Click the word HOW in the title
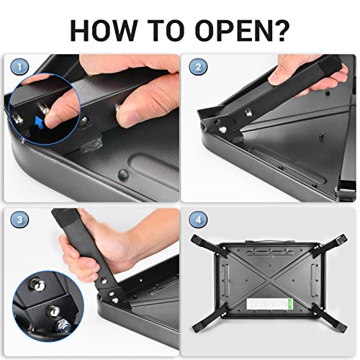(103, 31)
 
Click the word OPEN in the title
(235, 31)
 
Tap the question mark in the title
(283, 30)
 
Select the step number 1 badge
(19, 67)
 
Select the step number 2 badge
(198, 67)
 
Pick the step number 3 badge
(19, 220)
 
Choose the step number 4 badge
(198, 220)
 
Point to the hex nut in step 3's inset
(63, 325)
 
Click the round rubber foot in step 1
(123, 175)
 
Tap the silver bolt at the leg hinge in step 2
(223, 130)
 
